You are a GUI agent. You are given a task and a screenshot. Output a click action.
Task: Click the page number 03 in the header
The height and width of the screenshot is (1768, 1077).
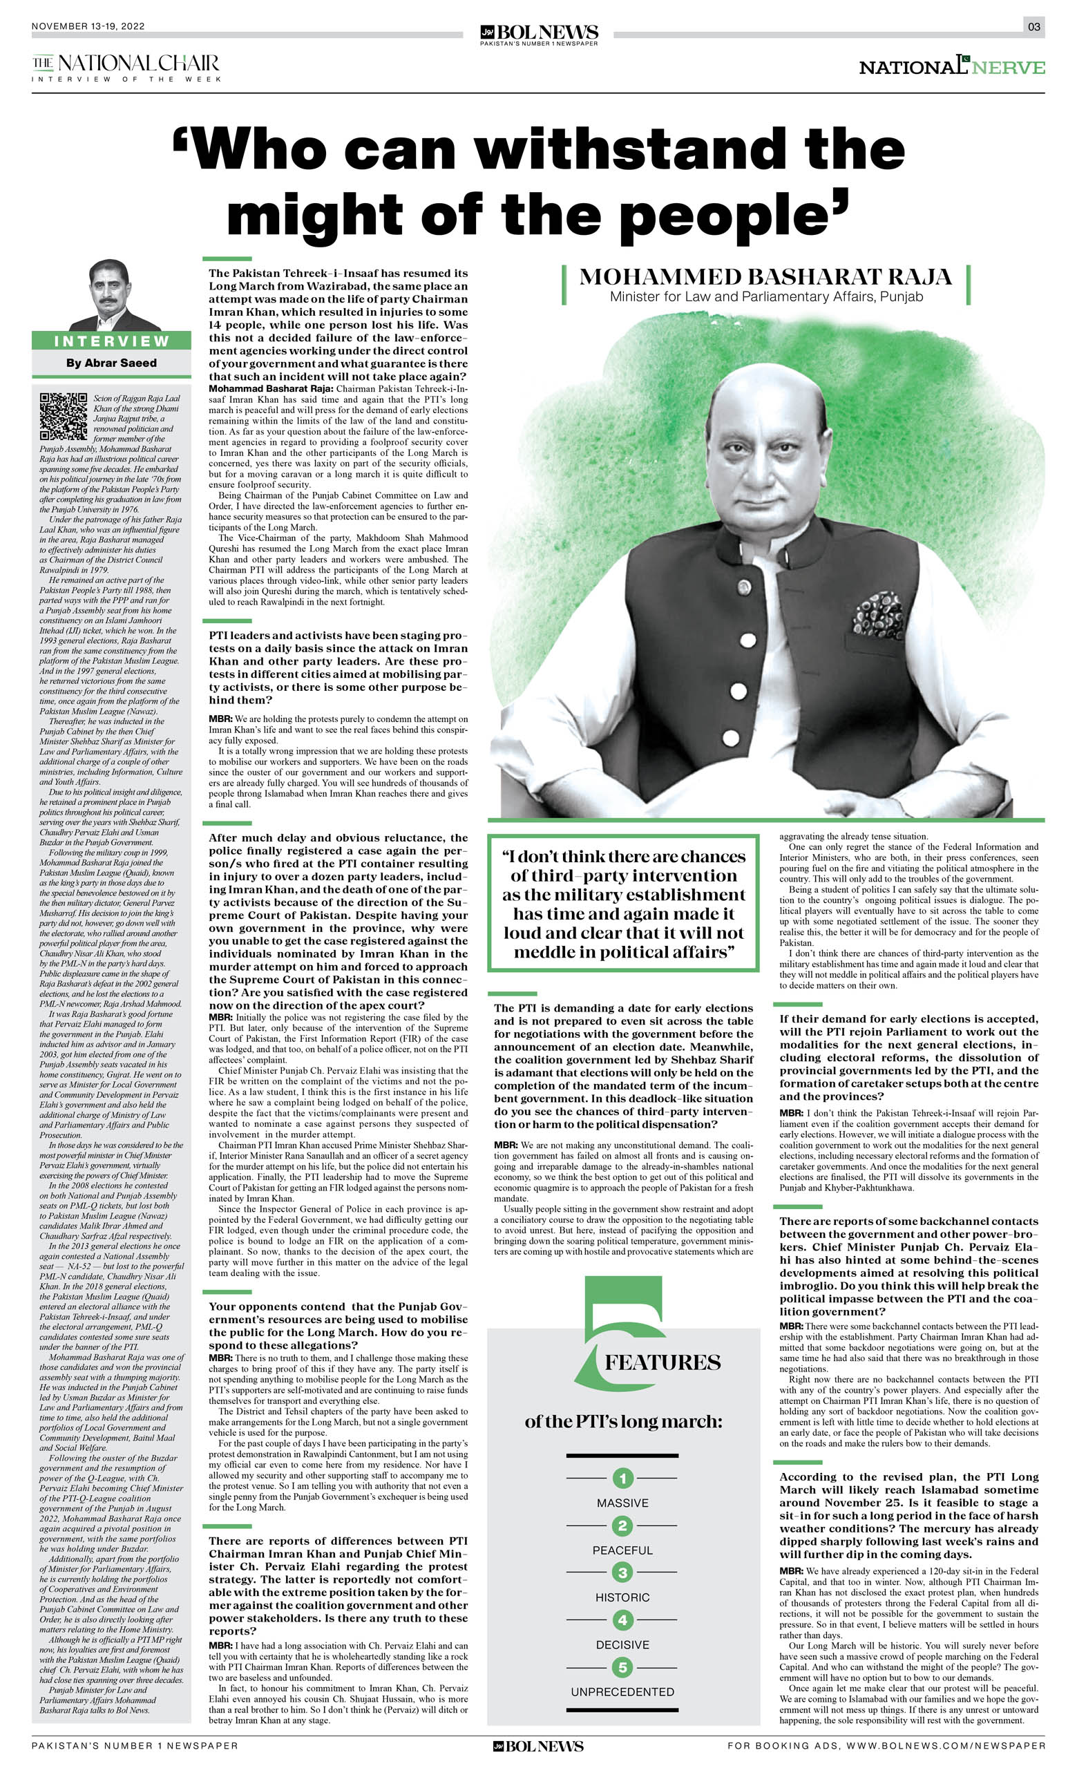pos(1033,26)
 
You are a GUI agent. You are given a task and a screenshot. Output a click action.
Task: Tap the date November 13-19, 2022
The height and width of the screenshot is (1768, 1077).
pos(88,26)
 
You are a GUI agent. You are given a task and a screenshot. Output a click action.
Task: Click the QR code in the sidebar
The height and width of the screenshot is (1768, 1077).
pos(63,416)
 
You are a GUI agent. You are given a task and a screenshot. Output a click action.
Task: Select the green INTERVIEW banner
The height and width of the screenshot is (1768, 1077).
pos(111,341)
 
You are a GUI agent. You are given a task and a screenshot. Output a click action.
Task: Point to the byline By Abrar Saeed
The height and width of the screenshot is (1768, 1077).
pos(111,363)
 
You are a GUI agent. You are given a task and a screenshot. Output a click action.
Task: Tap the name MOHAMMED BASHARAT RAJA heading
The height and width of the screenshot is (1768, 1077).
pos(765,277)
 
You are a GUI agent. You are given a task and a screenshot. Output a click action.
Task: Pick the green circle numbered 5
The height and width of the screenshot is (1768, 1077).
pos(622,1667)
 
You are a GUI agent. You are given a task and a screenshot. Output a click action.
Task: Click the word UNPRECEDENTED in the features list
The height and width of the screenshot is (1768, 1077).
pos(622,1692)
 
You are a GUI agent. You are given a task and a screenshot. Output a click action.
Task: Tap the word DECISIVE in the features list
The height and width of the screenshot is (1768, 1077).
pos(622,1644)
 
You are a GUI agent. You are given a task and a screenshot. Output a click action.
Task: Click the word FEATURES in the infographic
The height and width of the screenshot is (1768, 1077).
pos(662,1362)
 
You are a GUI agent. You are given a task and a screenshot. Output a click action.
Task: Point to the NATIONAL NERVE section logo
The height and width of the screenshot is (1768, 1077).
pos(951,67)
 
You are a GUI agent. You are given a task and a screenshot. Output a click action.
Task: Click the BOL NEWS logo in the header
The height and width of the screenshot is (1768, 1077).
pos(539,34)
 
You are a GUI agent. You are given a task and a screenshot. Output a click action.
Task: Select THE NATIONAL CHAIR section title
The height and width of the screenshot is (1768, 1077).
pos(126,64)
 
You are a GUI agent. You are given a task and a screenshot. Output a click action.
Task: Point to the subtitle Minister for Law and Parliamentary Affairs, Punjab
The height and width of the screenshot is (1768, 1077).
pos(765,297)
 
